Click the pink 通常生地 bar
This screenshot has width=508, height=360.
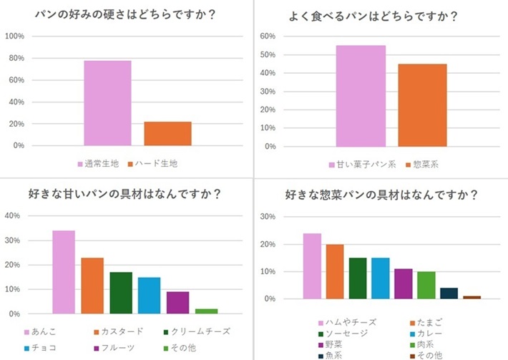pyautogui.click(x=107, y=103)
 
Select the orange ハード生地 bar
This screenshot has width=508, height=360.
pyautogui.click(x=167, y=134)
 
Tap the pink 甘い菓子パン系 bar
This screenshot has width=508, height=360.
pyautogui.click(x=361, y=96)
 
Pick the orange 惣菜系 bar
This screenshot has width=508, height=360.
pyautogui.click(x=422, y=105)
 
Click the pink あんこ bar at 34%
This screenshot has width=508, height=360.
pyautogui.click(x=64, y=272)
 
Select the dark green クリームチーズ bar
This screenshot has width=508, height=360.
pyautogui.click(x=121, y=293)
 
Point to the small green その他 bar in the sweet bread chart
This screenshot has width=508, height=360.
pyautogui.click(x=207, y=311)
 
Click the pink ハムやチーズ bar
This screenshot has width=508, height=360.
pyautogui.click(x=312, y=266)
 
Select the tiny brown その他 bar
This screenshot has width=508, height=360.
pyautogui.click(x=472, y=297)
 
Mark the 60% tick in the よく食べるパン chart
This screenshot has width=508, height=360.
pyautogui.click(x=268, y=36)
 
